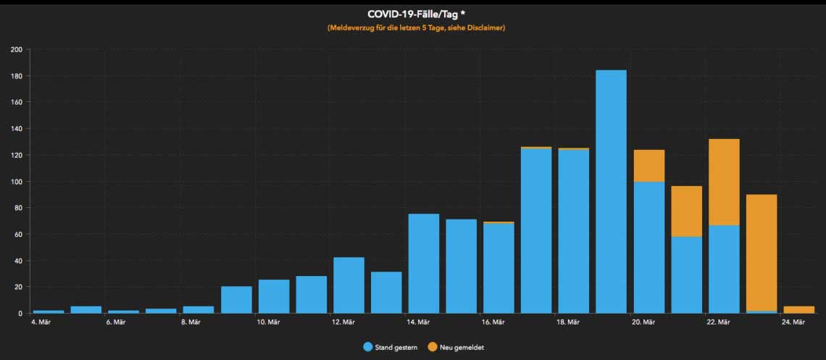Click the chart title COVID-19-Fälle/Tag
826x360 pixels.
pyautogui.click(x=412, y=14)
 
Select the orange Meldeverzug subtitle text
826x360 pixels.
pyautogui.click(x=416, y=28)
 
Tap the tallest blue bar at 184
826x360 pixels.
pyautogui.click(x=611, y=192)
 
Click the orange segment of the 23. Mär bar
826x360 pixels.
pyautogui.click(x=762, y=253)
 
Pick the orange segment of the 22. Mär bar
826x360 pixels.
pyautogui.click(x=724, y=182)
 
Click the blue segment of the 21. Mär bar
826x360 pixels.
pyautogui.click(x=686, y=275)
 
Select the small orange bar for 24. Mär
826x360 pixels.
pyautogui.click(x=799, y=309)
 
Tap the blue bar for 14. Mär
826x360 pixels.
pyautogui.click(x=423, y=264)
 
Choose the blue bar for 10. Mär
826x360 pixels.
pyautogui.click(x=273, y=296)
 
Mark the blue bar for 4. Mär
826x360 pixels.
pyautogui.click(x=49, y=311)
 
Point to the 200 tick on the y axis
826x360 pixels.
pyautogui.click(x=17, y=49)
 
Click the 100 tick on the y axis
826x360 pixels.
pyautogui.click(x=17, y=181)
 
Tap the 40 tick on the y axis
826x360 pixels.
pyautogui.click(x=18, y=261)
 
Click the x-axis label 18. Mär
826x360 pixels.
pyautogui.click(x=568, y=322)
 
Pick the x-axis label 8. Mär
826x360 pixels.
pyautogui.click(x=190, y=322)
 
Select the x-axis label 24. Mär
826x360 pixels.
pyautogui.click(x=793, y=322)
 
